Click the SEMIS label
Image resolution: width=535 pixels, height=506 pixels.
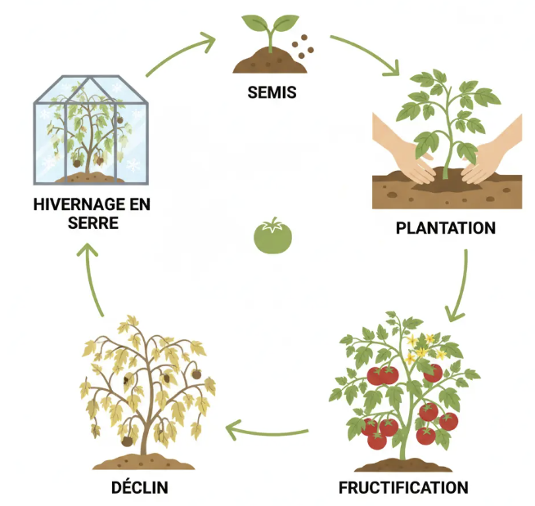click(x=271, y=92)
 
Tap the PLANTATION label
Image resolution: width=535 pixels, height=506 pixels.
click(x=445, y=228)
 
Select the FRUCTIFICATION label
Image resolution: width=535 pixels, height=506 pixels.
click(x=403, y=488)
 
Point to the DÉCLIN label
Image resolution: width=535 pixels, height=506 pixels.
click(x=139, y=488)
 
